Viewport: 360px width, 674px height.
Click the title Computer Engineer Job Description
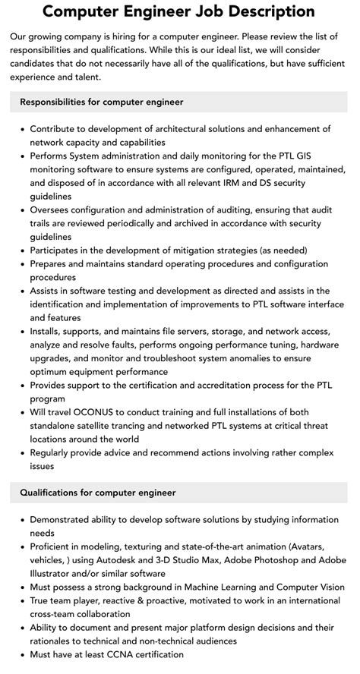point(179,11)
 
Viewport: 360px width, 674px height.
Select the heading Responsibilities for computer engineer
point(102,102)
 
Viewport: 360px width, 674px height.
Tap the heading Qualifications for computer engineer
point(98,493)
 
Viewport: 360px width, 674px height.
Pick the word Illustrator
point(54,574)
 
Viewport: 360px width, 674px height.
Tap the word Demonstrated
point(65,520)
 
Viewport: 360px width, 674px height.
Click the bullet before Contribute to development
point(21,130)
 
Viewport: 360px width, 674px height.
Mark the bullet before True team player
point(21,601)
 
